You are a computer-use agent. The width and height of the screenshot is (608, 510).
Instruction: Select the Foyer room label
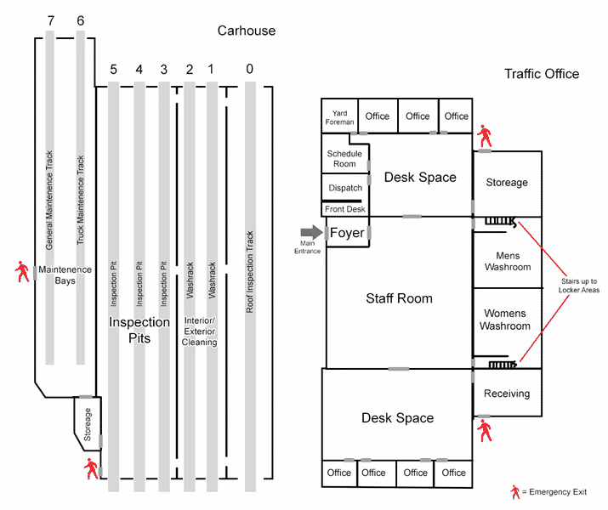(347, 232)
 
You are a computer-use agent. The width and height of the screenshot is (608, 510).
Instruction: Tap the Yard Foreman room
(339, 117)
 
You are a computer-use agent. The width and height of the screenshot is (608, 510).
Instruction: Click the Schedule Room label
(344, 158)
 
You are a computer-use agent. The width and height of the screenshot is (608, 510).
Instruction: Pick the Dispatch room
(344, 188)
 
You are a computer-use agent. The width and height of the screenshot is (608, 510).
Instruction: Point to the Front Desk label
(344, 209)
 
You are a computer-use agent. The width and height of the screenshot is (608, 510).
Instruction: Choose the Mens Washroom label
(508, 261)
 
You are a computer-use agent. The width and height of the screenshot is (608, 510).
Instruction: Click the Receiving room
(507, 394)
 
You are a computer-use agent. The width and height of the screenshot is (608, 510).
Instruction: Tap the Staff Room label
(399, 298)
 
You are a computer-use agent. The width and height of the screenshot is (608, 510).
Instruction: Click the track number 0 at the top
(249, 68)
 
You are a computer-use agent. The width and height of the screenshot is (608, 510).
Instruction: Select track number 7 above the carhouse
(50, 20)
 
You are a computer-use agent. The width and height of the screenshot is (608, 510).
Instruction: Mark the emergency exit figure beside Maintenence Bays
(21, 272)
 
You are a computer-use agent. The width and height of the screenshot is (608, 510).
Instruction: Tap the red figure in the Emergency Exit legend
(514, 492)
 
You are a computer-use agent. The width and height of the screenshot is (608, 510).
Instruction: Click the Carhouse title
(247, 31)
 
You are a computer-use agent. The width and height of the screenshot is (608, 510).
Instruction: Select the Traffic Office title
(542, 74)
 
